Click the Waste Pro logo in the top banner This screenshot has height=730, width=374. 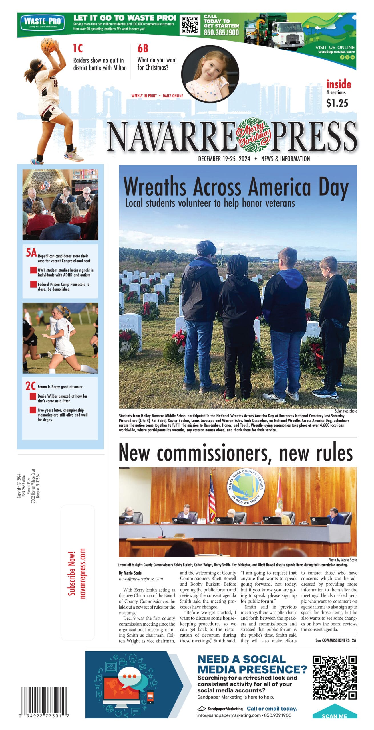click(x=43, y=22)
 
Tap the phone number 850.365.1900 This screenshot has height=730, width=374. click(x=221, y=33)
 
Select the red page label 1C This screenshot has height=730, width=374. click(x=78, y=48)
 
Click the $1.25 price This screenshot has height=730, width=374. click(x=337, y=103)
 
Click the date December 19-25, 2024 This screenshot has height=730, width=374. click(x=224, y=159)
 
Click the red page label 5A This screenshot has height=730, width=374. click(x=31, y=253)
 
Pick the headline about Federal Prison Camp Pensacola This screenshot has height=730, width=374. click(x=63, y=287)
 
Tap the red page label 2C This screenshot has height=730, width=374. click(x=31, y=386)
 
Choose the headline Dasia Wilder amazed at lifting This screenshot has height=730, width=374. click(x=62, y=398)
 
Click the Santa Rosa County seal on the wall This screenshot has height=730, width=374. click(x=246, y=487)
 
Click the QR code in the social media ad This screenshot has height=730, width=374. click(x=334, y=677)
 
